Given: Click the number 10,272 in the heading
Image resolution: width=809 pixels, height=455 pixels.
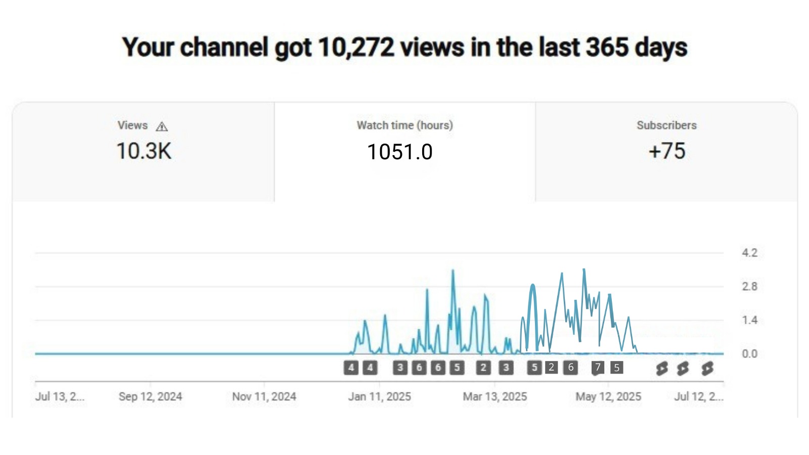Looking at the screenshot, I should coord(356,48).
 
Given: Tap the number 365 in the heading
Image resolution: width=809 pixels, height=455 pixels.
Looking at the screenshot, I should coord(607,48).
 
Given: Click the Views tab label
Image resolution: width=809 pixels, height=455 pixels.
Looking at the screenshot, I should coord(132,125).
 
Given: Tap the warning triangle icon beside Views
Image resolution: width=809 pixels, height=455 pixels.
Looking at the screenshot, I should coord(162,126).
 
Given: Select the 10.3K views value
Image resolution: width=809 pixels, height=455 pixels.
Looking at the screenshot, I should coord(144,151).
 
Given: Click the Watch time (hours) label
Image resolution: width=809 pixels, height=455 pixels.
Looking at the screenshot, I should coord(404,125).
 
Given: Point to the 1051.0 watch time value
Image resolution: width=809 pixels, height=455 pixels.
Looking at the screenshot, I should coord(399,152).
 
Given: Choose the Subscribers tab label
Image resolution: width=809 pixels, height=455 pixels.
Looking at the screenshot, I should coord(666,125).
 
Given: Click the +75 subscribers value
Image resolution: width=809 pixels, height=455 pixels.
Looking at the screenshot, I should coord(666,151).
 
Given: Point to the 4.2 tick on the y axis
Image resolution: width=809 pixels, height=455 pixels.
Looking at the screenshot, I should coord(749,253).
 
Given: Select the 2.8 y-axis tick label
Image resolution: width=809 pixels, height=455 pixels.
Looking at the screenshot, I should coord(749,287).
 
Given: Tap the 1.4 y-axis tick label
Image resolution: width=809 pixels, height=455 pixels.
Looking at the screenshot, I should coord(749,320).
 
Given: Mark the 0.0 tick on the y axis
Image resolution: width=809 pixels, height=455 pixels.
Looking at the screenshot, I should coord(749,354).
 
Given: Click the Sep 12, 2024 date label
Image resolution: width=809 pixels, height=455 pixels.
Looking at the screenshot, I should coord(150,396).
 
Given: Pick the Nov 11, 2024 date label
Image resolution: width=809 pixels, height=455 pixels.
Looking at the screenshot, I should coord(264,396).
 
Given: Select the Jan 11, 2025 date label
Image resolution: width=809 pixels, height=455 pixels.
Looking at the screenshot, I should coord(379,396).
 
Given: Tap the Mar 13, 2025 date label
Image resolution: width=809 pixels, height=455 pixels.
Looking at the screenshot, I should coord(495,396).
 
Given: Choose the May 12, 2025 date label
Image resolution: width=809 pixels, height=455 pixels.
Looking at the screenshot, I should coord(608,396).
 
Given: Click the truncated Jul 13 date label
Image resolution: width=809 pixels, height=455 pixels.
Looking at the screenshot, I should coord(60,396).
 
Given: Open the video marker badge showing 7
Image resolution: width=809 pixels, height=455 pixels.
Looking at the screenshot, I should coord(598,368).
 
